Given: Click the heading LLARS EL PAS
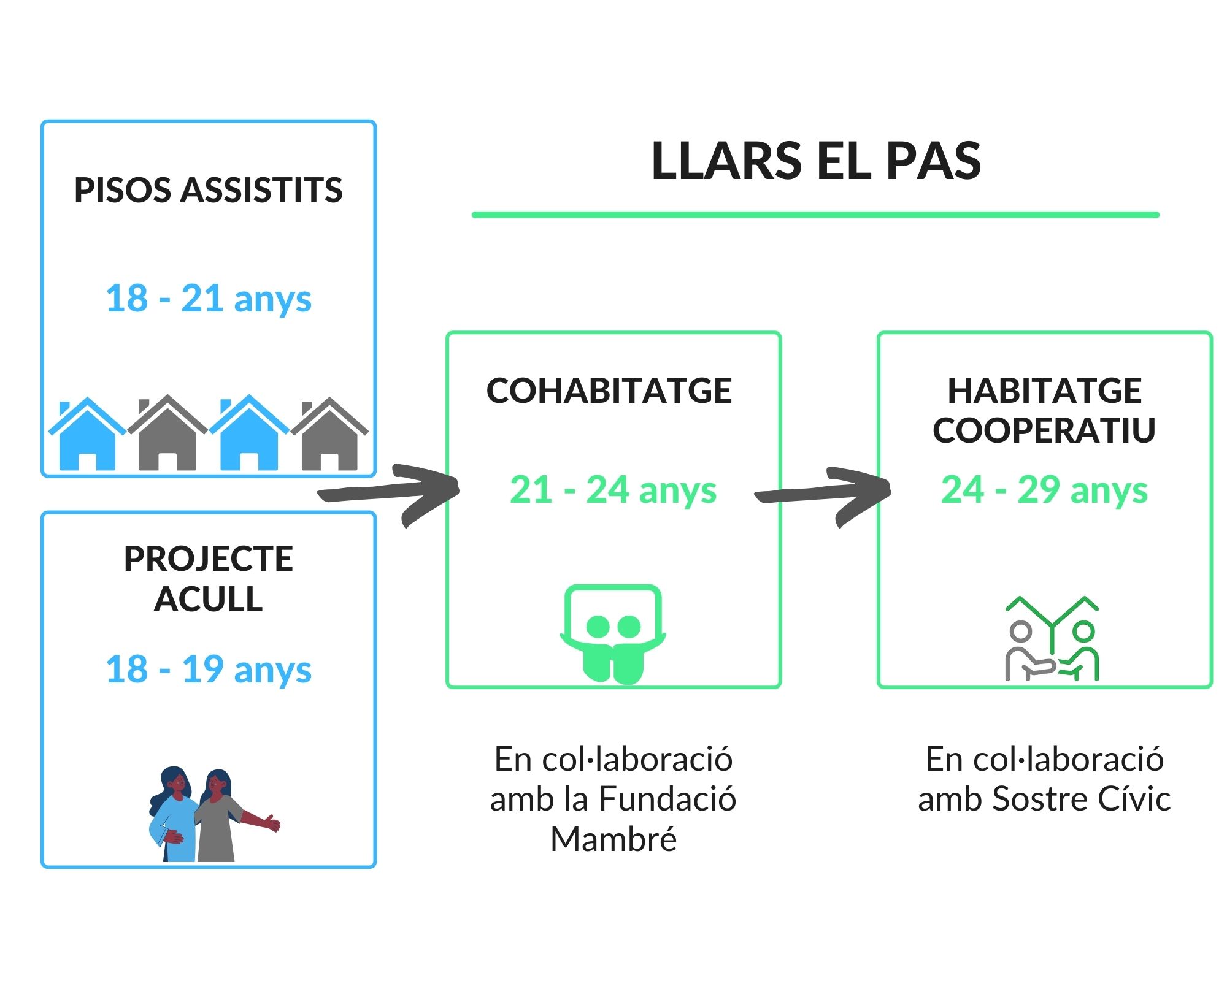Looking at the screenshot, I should [x=816, y=161].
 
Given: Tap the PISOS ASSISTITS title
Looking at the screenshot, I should [x=208, y=190].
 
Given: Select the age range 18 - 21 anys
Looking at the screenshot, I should [x=209, y=299].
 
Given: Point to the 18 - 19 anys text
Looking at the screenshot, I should [x=209, y=669].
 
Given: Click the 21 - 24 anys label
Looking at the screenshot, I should [x=613, y=490].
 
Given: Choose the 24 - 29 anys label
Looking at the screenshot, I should [x=1044, y=490].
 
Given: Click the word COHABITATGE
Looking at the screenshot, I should [x=609, y=391].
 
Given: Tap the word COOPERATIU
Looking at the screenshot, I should [x=1044, y=430].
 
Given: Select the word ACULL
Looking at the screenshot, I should [x=209, y=599].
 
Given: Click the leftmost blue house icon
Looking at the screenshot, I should [x=87, y=435].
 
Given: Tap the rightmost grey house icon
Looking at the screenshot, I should [x=329, y=435].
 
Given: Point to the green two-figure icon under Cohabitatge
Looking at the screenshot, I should [x=613, y=635].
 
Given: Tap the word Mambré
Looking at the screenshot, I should [x=613, y=839].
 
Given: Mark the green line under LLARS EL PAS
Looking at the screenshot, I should [x=815, y=215].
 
